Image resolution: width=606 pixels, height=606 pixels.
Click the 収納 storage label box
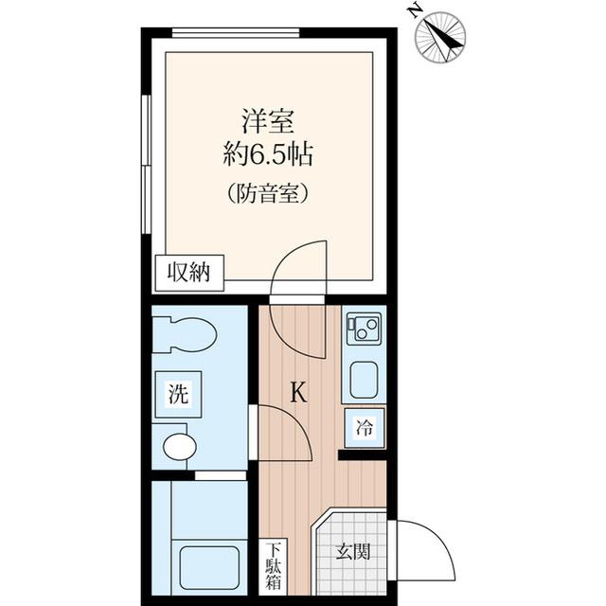[190, 273]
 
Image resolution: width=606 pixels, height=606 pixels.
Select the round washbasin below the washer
[178, 446]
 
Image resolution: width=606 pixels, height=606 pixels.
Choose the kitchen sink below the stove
[365, 380]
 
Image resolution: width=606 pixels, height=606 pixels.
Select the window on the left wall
[145, 161]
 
